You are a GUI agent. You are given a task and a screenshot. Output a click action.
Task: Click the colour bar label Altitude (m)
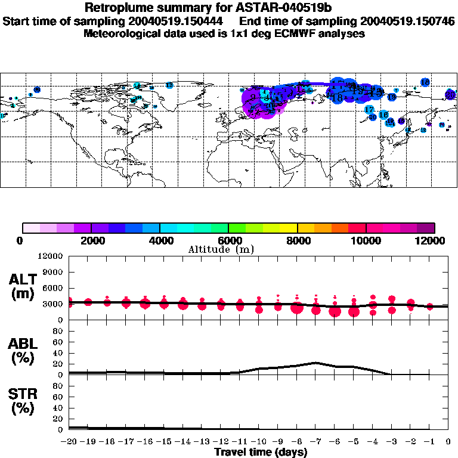coord(229,249)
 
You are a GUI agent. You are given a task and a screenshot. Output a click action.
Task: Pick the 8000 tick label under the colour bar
coord(296,240)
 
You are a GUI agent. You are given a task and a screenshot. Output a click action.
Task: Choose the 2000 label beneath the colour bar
coord(91,240)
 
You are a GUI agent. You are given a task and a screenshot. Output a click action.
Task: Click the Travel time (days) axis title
coord(261,452)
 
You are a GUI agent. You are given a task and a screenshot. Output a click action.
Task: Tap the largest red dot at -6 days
coord(335,311)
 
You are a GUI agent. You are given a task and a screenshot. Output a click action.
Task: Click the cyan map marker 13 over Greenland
coord(169,85)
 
